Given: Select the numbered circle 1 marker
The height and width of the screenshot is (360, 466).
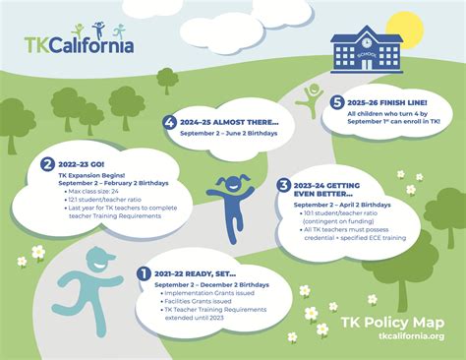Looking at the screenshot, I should click(x=145, y=272).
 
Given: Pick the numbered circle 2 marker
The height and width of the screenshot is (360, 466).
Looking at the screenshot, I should click(x=47, y=164).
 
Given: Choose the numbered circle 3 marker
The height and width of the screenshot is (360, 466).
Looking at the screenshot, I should click(x=283, y=184).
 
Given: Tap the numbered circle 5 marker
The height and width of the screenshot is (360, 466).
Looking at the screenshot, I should click(x=337, y=101).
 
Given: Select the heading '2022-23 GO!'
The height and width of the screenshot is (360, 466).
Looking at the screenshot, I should click(x=83, y=164).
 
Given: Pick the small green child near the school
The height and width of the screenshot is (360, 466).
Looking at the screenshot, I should click(x=313, y=96).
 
